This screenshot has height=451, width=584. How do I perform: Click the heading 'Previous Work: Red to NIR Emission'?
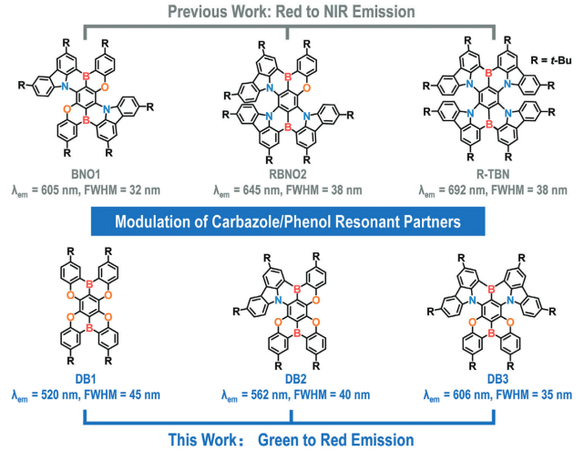pos(292,12)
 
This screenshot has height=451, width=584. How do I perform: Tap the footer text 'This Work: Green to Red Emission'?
pos(292,438)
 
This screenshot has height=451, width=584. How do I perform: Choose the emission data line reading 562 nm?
pos(292,396)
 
